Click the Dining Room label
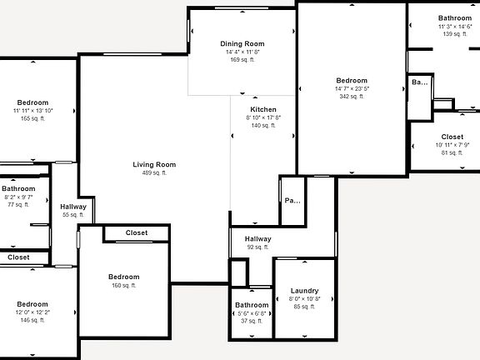pyautogui.click(x=242, y=43)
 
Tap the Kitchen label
pyautogui.click(x=263, y=110)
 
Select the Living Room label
pyautogui.click(x=155, y=164)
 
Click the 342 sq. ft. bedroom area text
pyautogui.click(x=352, y=97)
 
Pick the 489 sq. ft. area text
pyautogui.click(x=155, y=173)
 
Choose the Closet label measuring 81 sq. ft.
pyautogui.click(x=452, y=137)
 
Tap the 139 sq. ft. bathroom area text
pyautogui.click(x=455, y=34)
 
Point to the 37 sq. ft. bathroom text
pyautogui.click(x=252, y=321)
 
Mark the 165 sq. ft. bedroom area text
pyautogui.click(x=32, y=118)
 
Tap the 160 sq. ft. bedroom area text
pyautogui.click(x=123, y=285)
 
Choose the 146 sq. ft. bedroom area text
pyautogui.click(x=32, y=320)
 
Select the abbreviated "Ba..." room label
pyautogui.click(x=419, y=82)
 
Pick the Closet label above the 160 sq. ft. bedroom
pyautogui.click(x=137, y=233)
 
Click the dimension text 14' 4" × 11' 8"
pyautogui.click(x=242, y=52)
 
